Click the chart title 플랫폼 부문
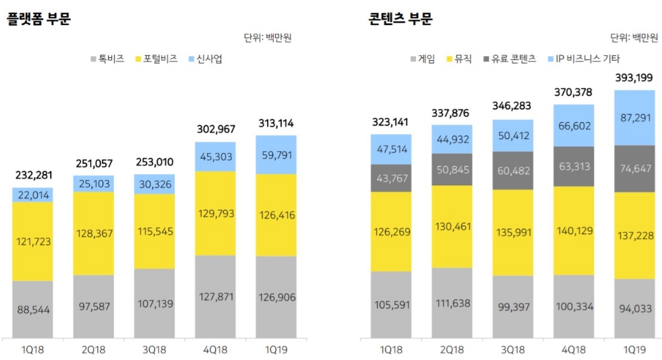click(38, 19)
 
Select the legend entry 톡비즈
click(108, 59)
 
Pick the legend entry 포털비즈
click(158, 59)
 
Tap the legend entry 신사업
click(207, 59)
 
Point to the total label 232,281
click(32, 175)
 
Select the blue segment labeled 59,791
click(276, 154)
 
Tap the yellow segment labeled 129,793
click(215, 213)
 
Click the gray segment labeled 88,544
click(32, 309)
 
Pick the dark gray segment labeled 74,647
click(634, 169)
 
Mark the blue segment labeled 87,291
click(634, 117)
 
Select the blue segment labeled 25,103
click(94, 184)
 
